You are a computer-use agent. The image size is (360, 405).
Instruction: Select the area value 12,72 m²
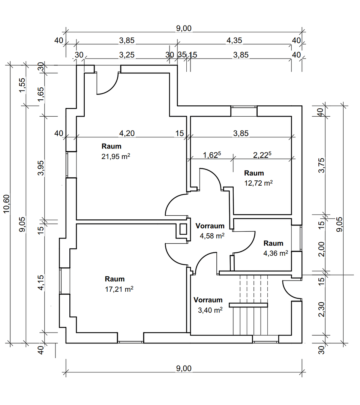click(x=258, y=183)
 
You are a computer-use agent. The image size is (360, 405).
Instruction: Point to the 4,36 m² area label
click(x=276, y=253)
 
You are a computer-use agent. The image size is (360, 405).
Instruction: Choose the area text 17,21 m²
click(x=119, y=289)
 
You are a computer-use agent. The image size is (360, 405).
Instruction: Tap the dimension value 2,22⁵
click(x=262, y=155)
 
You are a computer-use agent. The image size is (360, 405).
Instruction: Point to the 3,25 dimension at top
click(x=127, y=55)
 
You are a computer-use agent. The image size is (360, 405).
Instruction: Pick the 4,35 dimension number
click(x=234, y=40)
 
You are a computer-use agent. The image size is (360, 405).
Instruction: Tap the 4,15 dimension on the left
click(x=41, y=283)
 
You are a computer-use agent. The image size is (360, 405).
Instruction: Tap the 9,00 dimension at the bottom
click(x=184, y=369)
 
